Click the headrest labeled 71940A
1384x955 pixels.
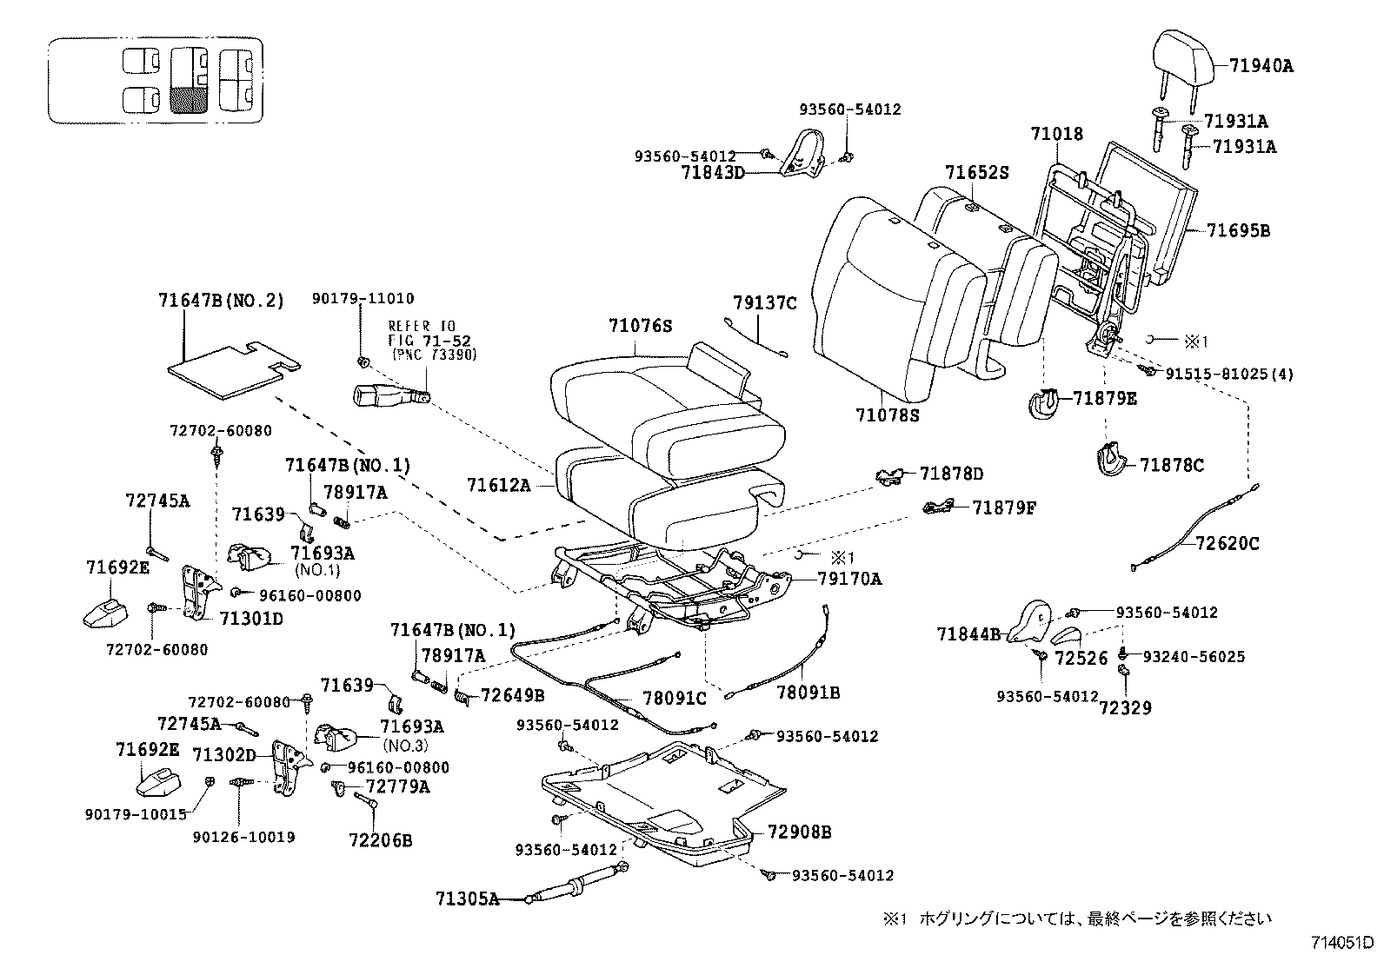[x=1187, y=57]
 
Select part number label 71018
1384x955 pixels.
[x=1056, y=134]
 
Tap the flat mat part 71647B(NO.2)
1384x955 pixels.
[x=228, y=369]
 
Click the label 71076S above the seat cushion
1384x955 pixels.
[x=641, y=326]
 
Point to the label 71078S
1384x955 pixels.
[x=886, y=415]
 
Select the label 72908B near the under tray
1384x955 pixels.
[x=799, y=832]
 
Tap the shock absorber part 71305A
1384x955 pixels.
[x=574, y=887]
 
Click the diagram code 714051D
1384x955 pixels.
[x=1342, y=942]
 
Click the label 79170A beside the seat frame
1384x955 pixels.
[x=848, y=579]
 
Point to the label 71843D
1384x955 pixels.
[x=713, y=172]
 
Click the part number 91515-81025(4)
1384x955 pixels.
[x=1229, y=375]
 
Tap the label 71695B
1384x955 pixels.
[x=1238, y=231]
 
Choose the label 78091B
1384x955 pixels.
[x=808, y=693]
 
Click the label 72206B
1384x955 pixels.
[x=380, y=840]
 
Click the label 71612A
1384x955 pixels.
[x=498, y=485]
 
